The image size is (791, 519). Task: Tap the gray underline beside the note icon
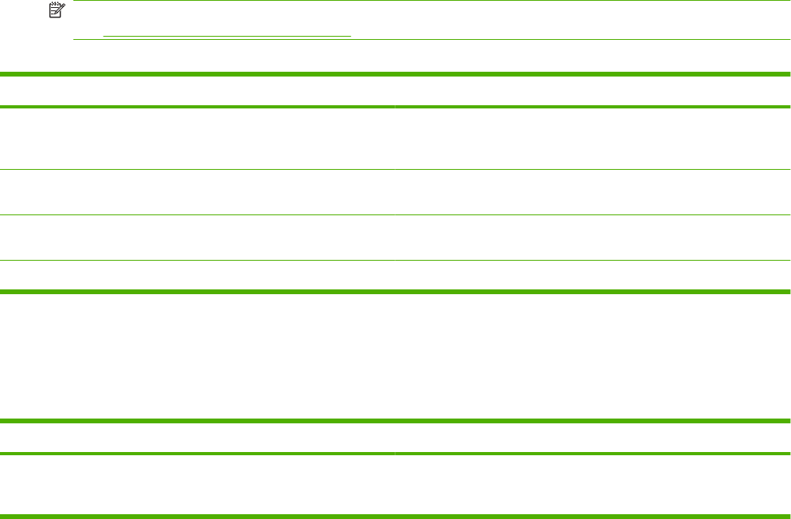227,37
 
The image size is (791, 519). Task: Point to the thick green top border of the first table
395,74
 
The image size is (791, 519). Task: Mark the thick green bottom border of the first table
395,292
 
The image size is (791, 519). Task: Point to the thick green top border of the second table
395,420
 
